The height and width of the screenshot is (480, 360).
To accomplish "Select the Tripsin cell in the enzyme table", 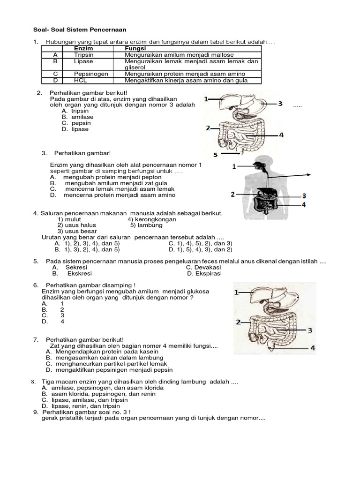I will click(x=84, y=55).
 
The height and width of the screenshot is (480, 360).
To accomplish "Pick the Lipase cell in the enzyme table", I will click(x=83, y=61).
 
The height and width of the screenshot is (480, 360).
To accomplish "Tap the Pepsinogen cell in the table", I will click(x=91, y=74).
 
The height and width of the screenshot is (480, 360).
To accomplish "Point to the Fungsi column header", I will click(x=135, y=49).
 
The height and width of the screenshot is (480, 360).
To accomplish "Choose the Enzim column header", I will click(x=84, y=49).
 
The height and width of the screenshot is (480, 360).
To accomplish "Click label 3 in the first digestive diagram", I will click(x=280, y=104).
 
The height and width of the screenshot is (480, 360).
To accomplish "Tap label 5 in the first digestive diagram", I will click(x=216, y=154).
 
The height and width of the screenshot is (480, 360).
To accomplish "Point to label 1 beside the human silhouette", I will click(x=234, y=166).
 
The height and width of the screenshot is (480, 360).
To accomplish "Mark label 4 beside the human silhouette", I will click(x=304, y=204).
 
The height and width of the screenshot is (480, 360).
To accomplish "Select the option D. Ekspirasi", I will click(x=204, y=274).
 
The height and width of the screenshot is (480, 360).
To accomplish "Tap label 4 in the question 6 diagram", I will click(x=312, y=348).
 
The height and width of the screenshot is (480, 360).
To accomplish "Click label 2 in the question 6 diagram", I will click(x=238, y=322).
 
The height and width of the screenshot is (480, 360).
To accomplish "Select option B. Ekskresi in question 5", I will click(x=72, y=274).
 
